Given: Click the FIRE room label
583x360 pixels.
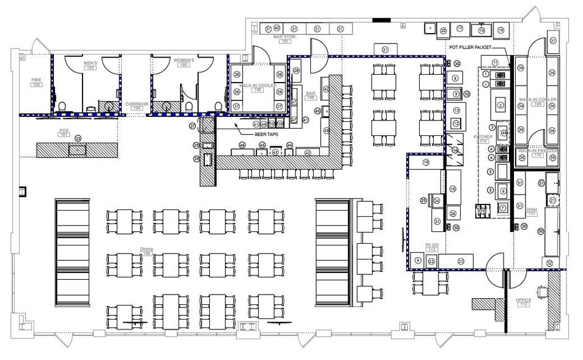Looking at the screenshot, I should (35, 79).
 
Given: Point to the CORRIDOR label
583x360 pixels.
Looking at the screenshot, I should (136, 104).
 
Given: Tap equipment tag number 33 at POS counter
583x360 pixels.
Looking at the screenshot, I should (78, 138).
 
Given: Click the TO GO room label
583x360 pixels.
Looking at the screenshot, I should (432, 246).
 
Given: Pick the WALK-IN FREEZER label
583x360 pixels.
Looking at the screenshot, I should (530, 150).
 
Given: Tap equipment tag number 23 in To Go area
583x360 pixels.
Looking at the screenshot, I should (461, 261).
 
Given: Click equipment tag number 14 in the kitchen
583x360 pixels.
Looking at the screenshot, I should (455, 149).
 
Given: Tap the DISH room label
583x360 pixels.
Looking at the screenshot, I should (531, 209).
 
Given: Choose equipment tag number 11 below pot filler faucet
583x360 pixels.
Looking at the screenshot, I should (495, 62).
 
